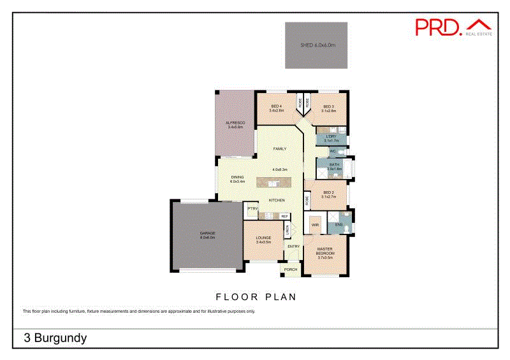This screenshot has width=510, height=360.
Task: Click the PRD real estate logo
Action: tap(453, 27)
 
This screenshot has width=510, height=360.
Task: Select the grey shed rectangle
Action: tap(317, 46)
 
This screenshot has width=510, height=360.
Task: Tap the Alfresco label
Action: tap(236, 124)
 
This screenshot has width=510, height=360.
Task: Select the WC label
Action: tap(332, 152)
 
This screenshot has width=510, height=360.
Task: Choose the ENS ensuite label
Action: tap(339, 224)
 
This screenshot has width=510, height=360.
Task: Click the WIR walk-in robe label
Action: tap(315, 225)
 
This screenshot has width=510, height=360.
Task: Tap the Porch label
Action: tap(291, 270)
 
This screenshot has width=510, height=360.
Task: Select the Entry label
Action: tap(293, 247)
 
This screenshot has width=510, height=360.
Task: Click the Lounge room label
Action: tap(263, 240)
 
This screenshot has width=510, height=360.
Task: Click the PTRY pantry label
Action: tap(252, 209)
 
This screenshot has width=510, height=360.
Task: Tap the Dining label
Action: tap(238, 179)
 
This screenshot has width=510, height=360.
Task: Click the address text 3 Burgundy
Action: tap(55, 338)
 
